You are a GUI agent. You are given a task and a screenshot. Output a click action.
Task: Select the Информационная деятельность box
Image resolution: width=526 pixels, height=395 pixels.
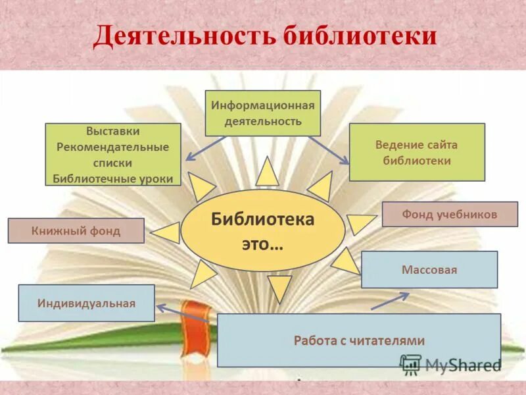pyautogui.click(x=263, y=113)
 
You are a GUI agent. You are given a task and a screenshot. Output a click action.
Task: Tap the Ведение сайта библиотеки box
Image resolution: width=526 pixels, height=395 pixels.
pyautogui.click(x=417, y=152)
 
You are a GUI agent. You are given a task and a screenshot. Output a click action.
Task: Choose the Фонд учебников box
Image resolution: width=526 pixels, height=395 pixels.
pyautogui.click(x=450, y=214)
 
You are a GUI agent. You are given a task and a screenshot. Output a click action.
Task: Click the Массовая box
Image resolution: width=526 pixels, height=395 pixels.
pyautogui.click(x=429, y=270)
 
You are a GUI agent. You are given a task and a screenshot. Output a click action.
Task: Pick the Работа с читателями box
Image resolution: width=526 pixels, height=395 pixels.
pyautogui.click(x=359, y=340)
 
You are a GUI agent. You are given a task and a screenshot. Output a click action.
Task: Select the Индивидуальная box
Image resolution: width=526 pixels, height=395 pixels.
pyautogui.click(x=86, y=303)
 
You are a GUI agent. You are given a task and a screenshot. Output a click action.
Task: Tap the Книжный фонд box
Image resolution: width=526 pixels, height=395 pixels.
pyautogui.click(x=76, y=231)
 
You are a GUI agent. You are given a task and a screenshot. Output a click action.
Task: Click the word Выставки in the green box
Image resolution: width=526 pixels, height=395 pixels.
pyautogui.click(x=113, y=132)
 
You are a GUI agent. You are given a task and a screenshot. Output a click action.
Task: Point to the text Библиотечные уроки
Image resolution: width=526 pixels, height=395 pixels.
pyautogui.click(x=113, y=178)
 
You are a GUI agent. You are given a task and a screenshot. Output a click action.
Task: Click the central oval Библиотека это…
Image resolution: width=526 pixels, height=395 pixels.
pyautogui.click(x=262, y=230)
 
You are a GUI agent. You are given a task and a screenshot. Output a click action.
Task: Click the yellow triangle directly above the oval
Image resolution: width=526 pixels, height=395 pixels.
pyautogui.click(x=267, y=172)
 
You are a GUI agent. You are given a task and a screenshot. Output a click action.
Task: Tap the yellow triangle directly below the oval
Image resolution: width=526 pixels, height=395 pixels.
pyautogui.click(x=279, y=288)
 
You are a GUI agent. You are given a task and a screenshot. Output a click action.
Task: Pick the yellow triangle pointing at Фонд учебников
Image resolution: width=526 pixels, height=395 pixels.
pyautogui.click(x=359, y=223)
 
